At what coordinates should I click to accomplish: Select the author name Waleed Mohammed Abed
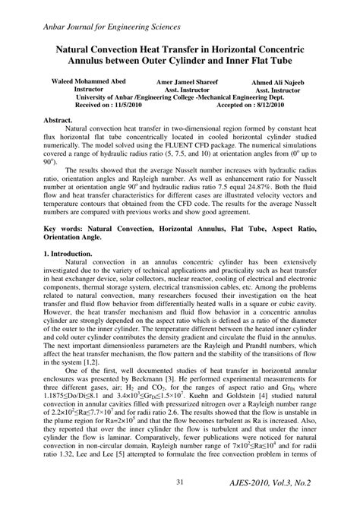(88, 81)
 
